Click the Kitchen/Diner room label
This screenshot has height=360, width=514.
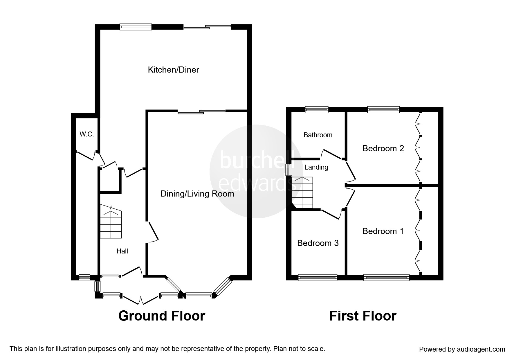(x=173, y=70)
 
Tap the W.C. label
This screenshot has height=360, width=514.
(x=87, y=134)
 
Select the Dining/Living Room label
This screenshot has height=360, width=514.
(x=197, y=194)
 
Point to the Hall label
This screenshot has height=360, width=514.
(x=122, y=251)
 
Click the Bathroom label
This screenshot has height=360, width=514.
(x=318, y=135)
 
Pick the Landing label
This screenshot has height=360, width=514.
(x=316, y=167)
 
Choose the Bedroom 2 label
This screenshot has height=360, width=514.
(x=383, y=148)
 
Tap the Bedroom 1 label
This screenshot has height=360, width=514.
(x=383, y=231)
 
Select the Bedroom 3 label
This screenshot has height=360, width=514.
(x=318, y=243)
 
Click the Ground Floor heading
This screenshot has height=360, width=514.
(x=162, y=316)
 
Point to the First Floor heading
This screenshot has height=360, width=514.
(x=363, y=316)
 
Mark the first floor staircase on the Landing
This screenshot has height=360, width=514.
(x=302, y=192)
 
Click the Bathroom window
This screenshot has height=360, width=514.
(x=317, y=109)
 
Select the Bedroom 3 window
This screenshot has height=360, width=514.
(x=318, y=278)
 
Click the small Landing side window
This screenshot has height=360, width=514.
(x=289, y=170)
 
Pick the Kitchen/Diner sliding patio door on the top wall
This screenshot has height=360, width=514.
(x=207, y=27)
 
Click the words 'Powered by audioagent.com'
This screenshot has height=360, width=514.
(x=462, y=349)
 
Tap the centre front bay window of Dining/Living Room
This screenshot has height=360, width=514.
(x=199, y=296)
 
